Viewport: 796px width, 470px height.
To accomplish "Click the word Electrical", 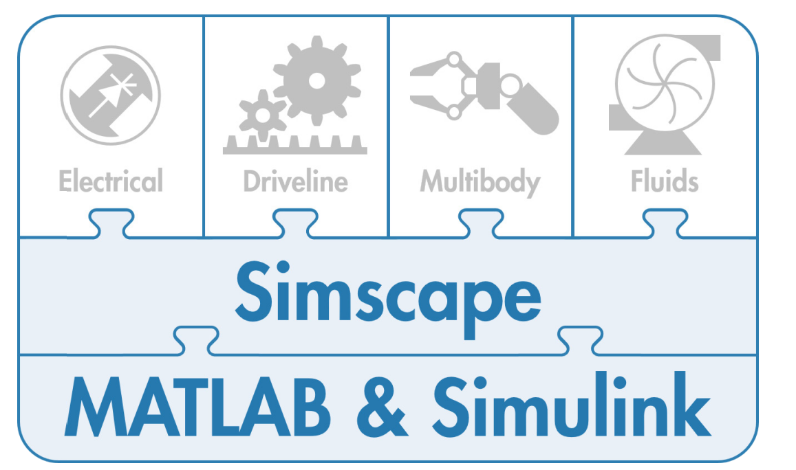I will pos(111,181).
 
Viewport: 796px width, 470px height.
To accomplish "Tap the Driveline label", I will pos(295,181).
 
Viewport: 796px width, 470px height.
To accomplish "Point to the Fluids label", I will pos(665,181).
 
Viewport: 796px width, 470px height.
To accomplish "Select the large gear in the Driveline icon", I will pos(316,80).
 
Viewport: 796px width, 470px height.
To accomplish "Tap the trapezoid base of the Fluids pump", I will pos(660,144).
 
